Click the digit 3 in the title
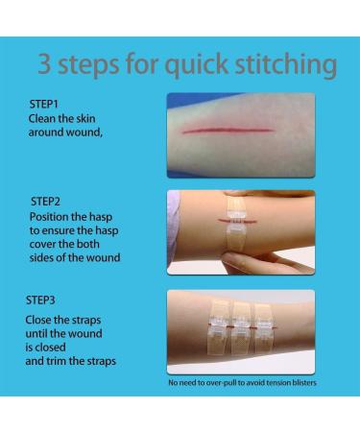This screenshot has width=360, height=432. (x=44, y=64)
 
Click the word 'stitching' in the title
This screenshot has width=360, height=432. (x=286, y=65)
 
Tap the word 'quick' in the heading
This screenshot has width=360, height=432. (x=196, y=65)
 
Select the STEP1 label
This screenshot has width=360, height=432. (x=43, y=104)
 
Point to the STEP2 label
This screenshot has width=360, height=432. (x=45, y=202)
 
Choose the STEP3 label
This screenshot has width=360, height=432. (x=40, y=300)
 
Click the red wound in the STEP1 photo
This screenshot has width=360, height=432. (x=228, y=131)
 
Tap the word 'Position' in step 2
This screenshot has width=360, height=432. (x=49, y=217)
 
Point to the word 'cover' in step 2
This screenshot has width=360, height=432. (x=41, y=245)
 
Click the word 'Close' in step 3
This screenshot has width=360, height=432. (x=38, y=320)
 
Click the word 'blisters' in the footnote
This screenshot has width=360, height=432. (x=304, y=383)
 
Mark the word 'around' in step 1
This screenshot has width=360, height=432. (x=46, y=132)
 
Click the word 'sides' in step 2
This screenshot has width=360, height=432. (x=41, y=258)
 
